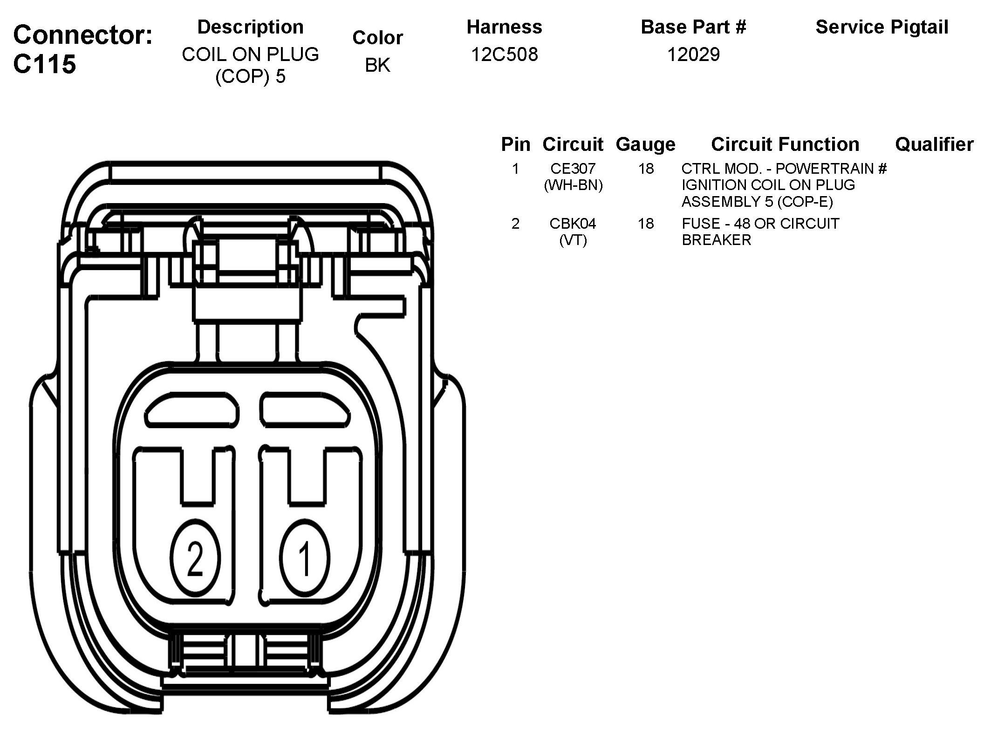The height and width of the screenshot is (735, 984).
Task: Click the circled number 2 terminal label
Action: pos(195,558)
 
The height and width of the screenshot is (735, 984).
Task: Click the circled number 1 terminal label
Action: pos(305,558)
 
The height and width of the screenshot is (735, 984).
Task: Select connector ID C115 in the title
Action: pos(44,64)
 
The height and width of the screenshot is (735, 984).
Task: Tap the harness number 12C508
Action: pos(505,55)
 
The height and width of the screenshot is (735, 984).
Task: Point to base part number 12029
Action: pos(693,55)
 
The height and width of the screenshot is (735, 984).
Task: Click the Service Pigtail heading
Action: pos(881,27)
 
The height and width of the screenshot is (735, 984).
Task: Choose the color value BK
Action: pos(377,65)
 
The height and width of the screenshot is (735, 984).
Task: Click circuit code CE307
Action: pos(573,168)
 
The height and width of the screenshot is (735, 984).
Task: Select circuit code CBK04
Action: pos(573,224)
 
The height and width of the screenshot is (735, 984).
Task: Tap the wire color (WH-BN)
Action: pos(573,185)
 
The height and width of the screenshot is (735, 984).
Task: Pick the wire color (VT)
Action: pos(573,240)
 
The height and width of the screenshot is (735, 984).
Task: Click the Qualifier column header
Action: pos(934,144)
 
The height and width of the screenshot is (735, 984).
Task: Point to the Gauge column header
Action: pos(645,144)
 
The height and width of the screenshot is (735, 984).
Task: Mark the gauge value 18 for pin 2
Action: pos(646,224)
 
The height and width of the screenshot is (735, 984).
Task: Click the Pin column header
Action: pos(516,144)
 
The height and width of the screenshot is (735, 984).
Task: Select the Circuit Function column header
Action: pos(785,144)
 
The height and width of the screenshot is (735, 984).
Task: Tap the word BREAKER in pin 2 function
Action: pos(716,240)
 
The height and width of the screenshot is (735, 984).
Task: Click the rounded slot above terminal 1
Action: pos(305,409)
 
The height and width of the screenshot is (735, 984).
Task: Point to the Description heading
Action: pos(250,27)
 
